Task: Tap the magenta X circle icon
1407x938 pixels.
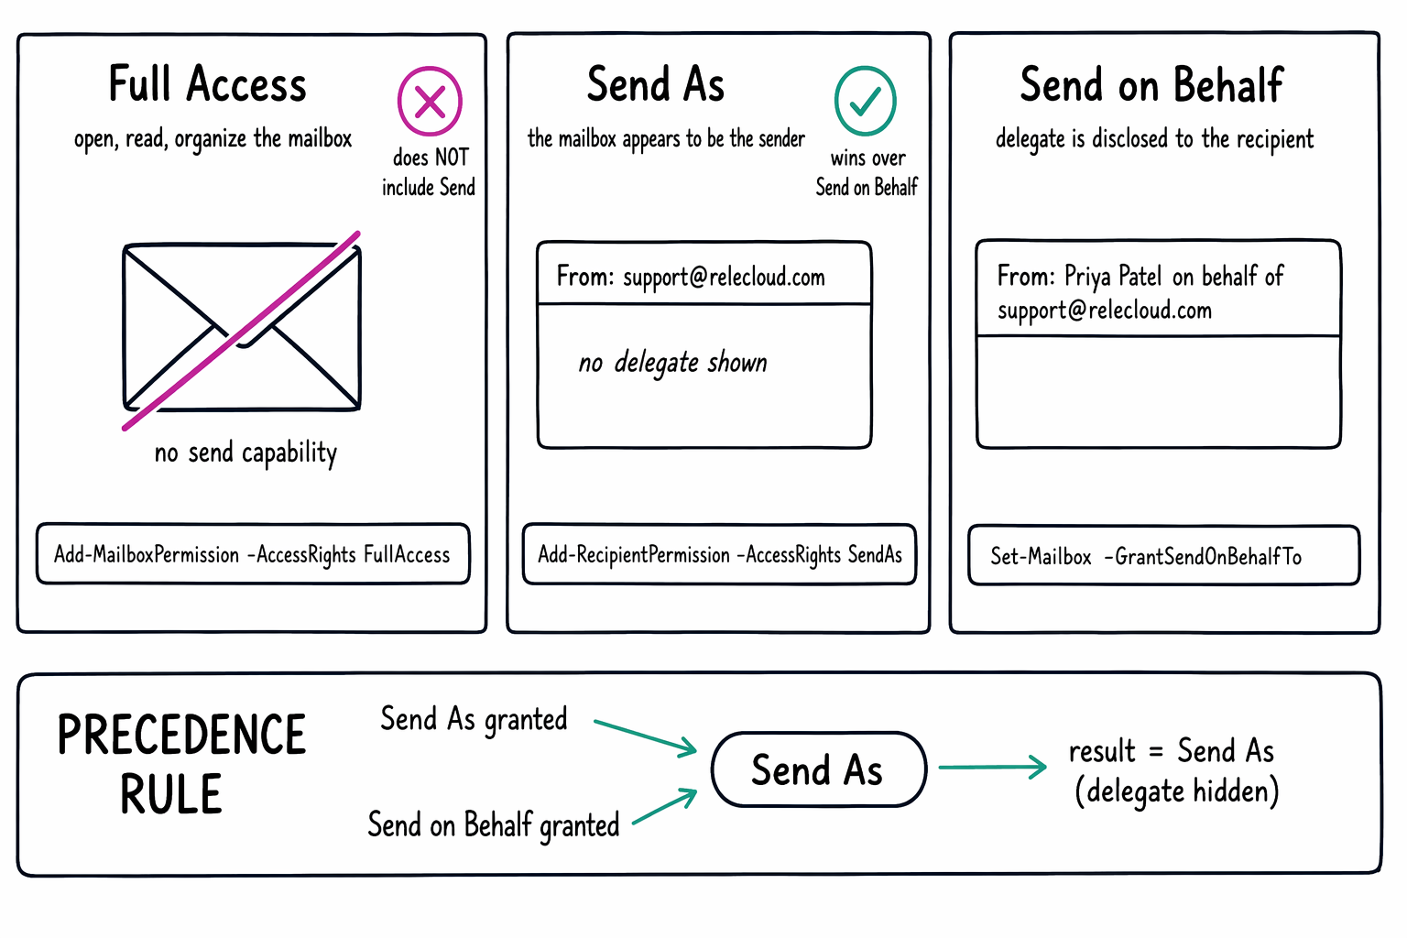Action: [431, 101]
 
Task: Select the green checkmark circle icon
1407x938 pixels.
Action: [866, 101]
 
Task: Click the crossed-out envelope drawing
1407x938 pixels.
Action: [242, 328]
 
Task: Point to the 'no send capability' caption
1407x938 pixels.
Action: [245, 453]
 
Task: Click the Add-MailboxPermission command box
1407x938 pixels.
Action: [253, 554]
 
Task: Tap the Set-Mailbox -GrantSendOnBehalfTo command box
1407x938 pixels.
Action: [1164, 556]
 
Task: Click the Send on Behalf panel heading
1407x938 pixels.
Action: [1152, 84]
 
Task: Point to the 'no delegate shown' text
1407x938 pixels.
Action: [672, 363]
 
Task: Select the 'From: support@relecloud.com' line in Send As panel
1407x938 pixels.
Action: [691, 277]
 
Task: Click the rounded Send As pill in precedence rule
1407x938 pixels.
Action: [819, 769]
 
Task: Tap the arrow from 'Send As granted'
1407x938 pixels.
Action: [646, 737]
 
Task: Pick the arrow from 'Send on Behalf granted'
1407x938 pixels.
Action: [665, 805]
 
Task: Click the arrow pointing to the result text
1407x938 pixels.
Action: [992, 767]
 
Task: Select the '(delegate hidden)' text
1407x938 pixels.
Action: [1177, 791]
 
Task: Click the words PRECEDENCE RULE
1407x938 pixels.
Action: [181, 764]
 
